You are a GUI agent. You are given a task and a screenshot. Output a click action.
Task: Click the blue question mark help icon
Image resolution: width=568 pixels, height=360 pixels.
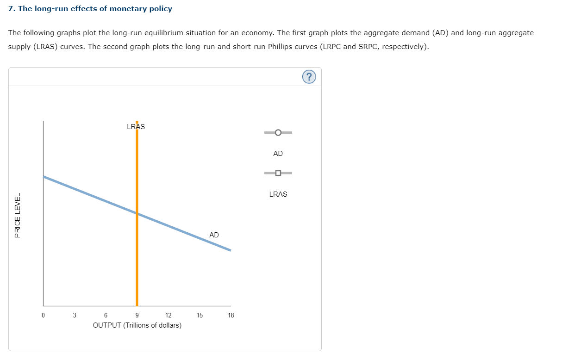(x=310, y=77)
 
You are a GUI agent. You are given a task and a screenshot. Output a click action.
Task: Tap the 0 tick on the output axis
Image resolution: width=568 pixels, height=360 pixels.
(x=43, y=316)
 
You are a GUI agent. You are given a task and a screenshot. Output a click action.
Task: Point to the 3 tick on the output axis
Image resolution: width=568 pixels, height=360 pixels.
(x=74, y=316)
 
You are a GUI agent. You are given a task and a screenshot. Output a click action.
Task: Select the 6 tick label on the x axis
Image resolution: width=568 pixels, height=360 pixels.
(x=106, y=316)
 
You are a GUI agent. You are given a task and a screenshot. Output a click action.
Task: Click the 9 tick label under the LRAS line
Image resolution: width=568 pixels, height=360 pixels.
(x=137, y=316)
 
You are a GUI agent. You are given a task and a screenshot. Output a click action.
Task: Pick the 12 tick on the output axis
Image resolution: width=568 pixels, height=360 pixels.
(x=168, y=316)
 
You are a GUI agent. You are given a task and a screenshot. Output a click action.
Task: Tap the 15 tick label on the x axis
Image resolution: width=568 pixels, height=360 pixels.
(x=200, y=316)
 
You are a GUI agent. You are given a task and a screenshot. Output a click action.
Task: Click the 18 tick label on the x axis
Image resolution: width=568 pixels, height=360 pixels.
(x=231, y=316)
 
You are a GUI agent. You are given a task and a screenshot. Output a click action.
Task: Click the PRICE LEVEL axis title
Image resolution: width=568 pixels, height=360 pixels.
(x=18, y=215)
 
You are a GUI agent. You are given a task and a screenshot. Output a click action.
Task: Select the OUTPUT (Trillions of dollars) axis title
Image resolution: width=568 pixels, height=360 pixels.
(x=137, y=325)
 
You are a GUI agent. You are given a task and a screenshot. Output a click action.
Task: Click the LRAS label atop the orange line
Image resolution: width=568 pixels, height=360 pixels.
(x=136, y=126)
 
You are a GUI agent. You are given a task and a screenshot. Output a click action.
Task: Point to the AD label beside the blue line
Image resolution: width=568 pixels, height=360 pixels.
(x=214, y=235)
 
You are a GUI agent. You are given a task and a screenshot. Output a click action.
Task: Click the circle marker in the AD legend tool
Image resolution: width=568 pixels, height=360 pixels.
(x=278, y=133)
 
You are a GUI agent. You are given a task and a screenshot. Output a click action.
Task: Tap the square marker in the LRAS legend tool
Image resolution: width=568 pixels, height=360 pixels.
(x=278, y=173)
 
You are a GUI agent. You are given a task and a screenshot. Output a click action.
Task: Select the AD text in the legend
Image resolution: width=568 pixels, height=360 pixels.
(x=278, y=154)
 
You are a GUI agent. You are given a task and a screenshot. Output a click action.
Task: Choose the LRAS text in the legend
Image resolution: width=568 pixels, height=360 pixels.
(x=278, y=194)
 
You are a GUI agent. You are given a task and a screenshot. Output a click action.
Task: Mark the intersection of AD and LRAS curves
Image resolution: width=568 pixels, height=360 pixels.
(x=137, y=213)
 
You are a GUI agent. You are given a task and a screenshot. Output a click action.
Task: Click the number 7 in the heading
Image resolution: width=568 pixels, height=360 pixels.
(x=11, y=9)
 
